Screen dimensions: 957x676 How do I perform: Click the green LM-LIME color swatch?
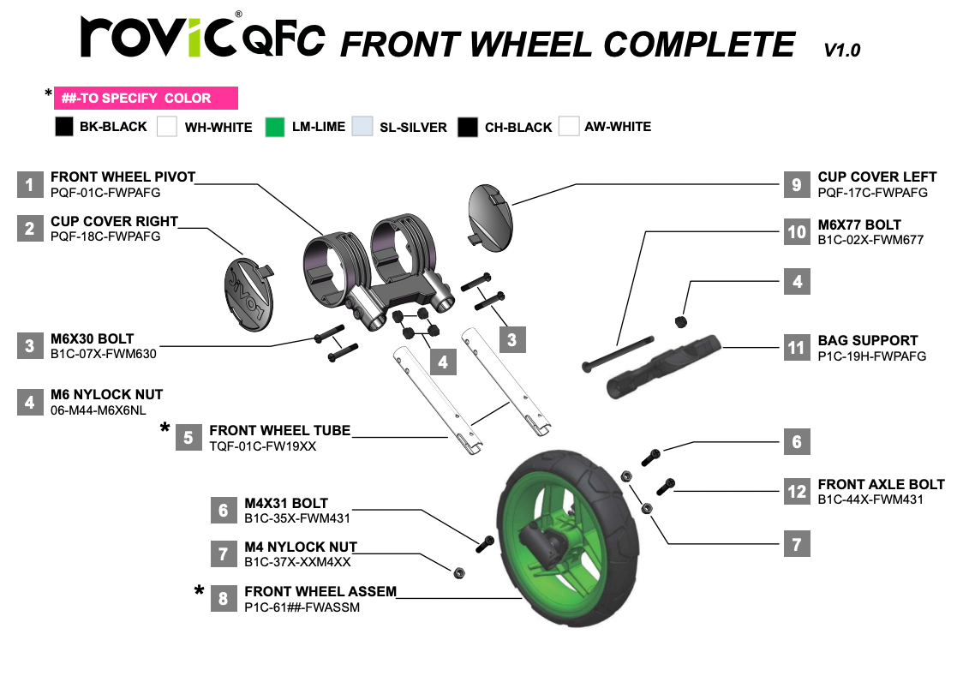pos(275,127)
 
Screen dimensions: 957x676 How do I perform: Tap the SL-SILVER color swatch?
pos(362,127)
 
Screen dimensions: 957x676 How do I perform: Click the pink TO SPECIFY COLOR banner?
pos(146,99)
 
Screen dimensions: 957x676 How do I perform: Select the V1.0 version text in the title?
pos(841,50)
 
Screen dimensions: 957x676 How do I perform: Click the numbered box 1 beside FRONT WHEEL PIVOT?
pos(30,184)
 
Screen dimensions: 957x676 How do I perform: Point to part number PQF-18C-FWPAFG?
pos(105,236)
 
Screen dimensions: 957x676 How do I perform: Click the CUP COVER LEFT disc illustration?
pos(490,218)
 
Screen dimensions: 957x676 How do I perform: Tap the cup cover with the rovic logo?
pos(249,294)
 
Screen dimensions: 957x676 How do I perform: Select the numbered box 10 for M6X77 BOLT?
pos(797,232)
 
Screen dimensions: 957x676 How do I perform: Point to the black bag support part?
pos(663,366)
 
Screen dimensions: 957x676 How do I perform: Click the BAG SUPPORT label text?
pos(867,340)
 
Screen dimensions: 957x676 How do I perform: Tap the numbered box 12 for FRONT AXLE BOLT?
pos(797,491)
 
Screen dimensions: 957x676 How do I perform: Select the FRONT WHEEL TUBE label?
pos(279,431)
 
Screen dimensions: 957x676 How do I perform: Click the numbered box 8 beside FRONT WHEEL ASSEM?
pos(224,599)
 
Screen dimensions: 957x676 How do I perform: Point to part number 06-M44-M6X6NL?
pos(99,410)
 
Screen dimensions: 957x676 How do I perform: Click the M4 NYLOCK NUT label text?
pos(301,547)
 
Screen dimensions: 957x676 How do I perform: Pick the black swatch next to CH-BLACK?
pos(468,127)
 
